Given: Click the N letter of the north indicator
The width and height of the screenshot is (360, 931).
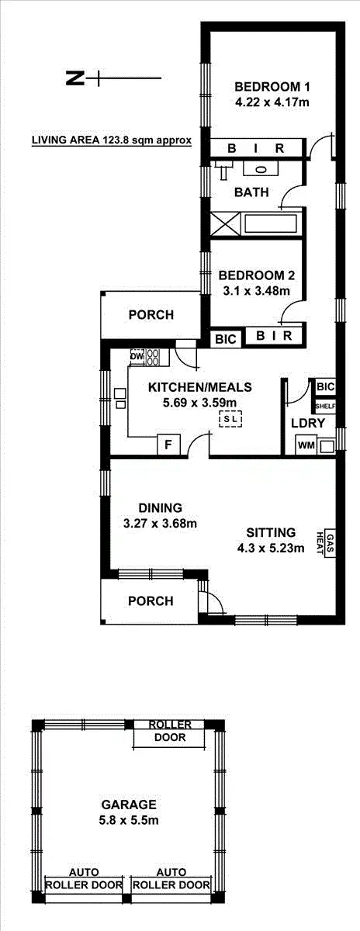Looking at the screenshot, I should pos(74,78).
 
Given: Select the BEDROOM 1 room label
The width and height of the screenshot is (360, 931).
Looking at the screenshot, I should pos(262,85).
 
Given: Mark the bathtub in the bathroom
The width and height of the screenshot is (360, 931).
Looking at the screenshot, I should pos(272,223).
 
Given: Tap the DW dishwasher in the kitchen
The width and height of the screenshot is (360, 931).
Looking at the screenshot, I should pos(137,357).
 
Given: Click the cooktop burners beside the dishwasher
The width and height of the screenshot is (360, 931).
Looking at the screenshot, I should pos(153,357).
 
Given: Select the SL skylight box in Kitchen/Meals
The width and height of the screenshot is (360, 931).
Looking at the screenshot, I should pos(231,420).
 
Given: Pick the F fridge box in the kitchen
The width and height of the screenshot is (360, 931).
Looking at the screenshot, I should pos(168,445).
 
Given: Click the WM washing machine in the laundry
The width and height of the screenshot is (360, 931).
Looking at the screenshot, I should pos(306,445).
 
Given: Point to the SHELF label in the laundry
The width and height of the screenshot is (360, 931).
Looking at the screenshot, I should pos(324,405).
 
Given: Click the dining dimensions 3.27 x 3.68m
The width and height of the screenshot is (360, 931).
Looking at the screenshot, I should pos(160,523).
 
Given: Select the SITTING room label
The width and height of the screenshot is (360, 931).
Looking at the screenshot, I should pos(271,532).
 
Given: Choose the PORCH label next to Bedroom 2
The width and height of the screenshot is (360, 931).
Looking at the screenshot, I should pos(151,315).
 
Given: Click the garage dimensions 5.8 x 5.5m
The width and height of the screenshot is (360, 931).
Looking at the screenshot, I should pos(127,819).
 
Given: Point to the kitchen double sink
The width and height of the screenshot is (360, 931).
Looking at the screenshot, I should pos(120,398).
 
